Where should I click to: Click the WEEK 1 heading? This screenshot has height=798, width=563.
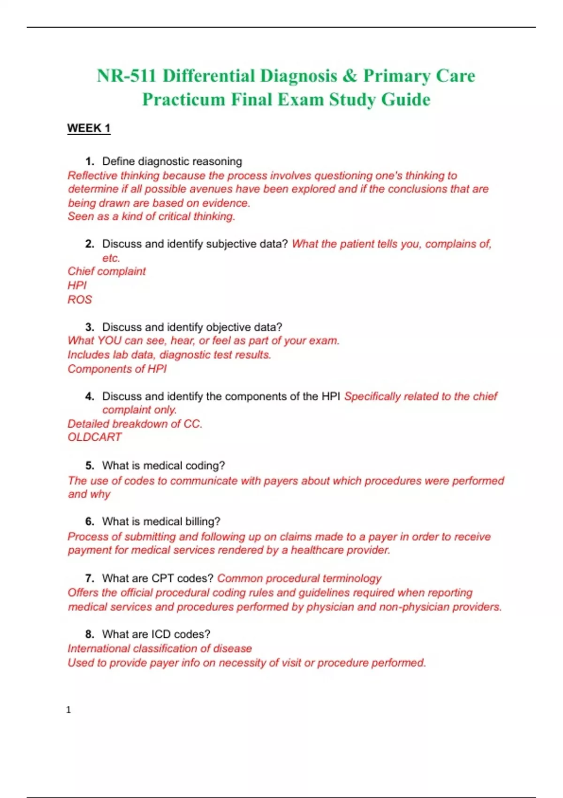[89, 128]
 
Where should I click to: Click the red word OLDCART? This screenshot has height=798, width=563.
[94, 437]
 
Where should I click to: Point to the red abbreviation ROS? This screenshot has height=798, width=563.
[80, 299]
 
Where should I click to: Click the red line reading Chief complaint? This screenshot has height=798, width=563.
[107, 271]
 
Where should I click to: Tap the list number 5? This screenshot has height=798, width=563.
[89, 466]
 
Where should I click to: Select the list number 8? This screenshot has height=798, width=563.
[89, 634]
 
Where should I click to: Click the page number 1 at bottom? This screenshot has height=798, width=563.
[68, 710]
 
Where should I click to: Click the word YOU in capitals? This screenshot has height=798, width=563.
[109, 341]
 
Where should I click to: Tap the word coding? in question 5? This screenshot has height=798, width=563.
[205, 466]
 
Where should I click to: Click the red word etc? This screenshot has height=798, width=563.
[111, 258]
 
